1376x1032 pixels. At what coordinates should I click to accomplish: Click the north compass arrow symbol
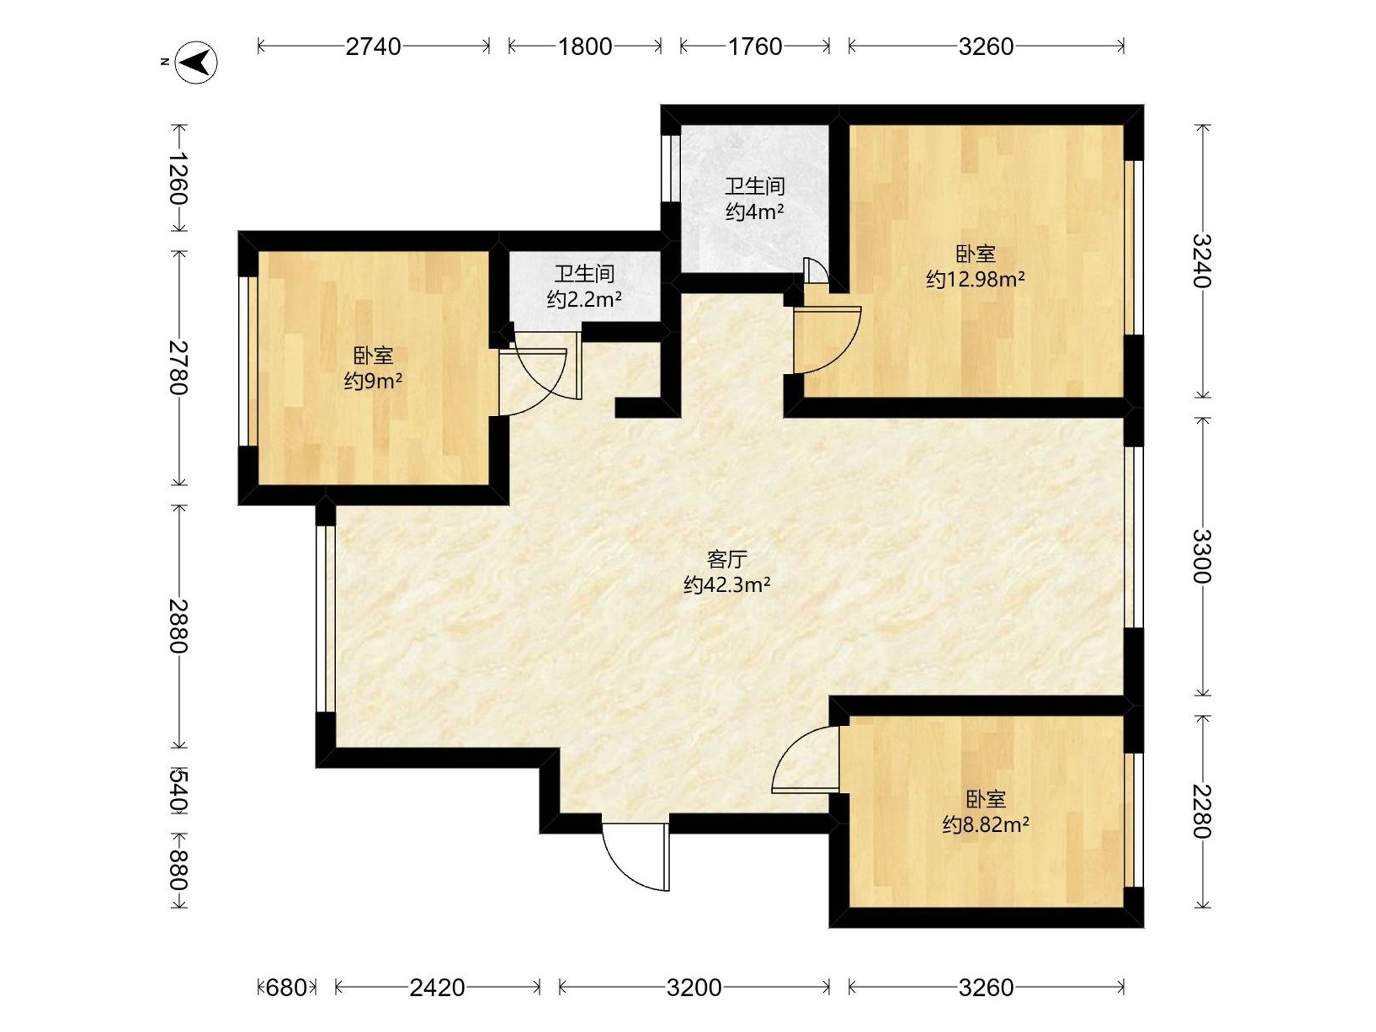coord(196,62)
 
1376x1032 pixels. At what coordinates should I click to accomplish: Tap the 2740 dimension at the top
coord(373,46)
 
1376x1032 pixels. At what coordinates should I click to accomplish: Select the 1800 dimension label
coord(585,46)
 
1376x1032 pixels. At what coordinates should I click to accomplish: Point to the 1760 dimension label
coord(755,46)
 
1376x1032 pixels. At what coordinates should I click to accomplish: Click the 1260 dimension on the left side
coord(178,178)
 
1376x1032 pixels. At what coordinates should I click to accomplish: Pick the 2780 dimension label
coord(178,368)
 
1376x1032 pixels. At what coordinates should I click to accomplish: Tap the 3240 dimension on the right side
coord(1202,261)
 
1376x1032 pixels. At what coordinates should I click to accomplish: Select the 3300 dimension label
coord(1202,556)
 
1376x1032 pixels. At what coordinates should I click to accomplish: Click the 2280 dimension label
coord(1202,811)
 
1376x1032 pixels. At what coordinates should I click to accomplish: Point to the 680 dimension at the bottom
coord(286,987)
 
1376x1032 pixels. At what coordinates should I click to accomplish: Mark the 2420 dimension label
coord(437,987)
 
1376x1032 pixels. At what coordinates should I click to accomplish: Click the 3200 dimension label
coord(694,987)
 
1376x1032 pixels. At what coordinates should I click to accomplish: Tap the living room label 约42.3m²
coord(727,585)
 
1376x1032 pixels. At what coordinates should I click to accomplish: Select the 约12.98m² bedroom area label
coord(975,279)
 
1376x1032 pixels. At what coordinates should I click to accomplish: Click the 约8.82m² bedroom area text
coord(986,825)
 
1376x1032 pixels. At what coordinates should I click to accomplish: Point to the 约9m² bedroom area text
coord(373,380)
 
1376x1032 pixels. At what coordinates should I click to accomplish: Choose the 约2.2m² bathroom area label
coord(584,300)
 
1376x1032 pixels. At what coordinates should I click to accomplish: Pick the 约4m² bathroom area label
coord(755,212)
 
